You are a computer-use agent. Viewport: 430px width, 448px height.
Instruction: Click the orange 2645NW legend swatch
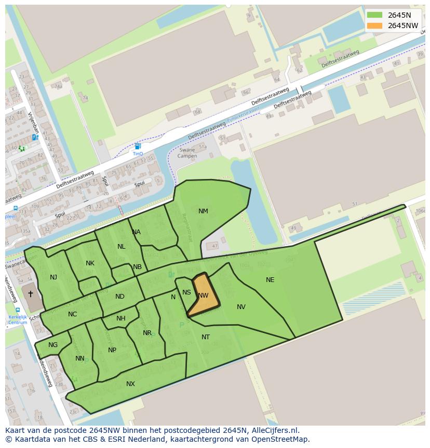(374, 25)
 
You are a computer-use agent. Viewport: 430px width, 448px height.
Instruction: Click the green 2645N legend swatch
(374, 15)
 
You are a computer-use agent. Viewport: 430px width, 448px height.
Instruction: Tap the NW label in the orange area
(203, 296)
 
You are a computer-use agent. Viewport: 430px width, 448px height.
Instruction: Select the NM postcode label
(203, 211)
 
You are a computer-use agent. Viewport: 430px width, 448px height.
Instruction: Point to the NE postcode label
(270, 280)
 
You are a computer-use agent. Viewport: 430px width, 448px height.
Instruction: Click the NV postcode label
(241, 307)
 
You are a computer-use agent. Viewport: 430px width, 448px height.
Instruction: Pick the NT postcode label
(206, 337)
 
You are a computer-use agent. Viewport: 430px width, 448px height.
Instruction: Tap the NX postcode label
(130, 384)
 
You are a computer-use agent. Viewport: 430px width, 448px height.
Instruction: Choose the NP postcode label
(112, 350)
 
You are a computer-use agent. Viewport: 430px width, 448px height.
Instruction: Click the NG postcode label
(53, 345)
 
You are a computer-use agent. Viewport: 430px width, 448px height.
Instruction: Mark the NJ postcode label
(53, 277)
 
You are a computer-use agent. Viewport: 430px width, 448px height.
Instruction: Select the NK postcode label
(90, 263)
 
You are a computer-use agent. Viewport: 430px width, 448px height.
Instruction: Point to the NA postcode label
(136, 232)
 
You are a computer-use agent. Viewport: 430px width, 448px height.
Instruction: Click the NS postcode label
(186, 293)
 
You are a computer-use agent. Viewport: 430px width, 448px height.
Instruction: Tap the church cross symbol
(30, 294)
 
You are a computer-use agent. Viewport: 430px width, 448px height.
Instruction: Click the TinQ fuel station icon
(138, 147)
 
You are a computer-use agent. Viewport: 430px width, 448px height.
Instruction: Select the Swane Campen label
(187, 153)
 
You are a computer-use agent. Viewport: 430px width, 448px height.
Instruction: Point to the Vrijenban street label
(34, 122)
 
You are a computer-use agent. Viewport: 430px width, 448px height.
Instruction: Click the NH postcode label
(121, 318)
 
